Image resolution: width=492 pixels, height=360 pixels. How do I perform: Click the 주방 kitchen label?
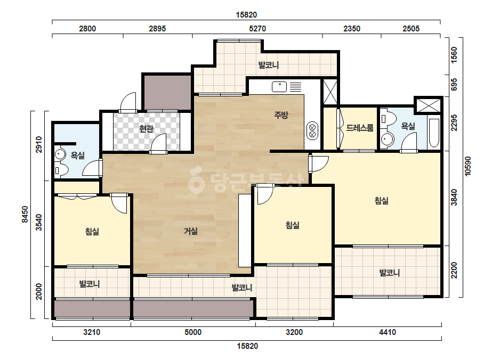281,115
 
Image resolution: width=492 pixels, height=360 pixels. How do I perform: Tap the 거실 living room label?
191,231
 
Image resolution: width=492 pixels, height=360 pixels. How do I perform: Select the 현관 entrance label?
146,128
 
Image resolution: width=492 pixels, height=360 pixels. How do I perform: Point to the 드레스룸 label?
360,128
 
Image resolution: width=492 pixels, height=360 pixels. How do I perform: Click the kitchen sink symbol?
279,87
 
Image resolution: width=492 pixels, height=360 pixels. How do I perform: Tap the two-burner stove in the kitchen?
312,131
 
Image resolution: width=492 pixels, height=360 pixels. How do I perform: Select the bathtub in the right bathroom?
434,133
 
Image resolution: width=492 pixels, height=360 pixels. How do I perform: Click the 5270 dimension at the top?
257,29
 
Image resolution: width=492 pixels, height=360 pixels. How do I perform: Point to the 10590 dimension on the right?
468,166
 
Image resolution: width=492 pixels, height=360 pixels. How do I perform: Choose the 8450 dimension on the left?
25,215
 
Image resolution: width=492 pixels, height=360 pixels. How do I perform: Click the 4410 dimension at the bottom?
387,332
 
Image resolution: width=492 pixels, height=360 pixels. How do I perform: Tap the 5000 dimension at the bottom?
192,332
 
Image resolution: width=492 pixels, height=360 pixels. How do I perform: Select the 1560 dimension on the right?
454,55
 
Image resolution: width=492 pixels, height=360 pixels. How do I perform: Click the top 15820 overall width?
246,15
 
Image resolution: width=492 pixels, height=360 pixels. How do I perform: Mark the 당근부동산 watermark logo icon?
196,179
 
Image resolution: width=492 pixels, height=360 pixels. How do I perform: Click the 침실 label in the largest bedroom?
382,200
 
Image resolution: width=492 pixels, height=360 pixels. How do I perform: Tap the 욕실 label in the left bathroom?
77,155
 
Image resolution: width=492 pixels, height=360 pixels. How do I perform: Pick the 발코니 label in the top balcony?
269,65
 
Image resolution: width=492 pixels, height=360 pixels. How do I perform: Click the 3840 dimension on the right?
454,198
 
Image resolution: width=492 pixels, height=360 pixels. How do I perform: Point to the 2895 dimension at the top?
157,29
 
